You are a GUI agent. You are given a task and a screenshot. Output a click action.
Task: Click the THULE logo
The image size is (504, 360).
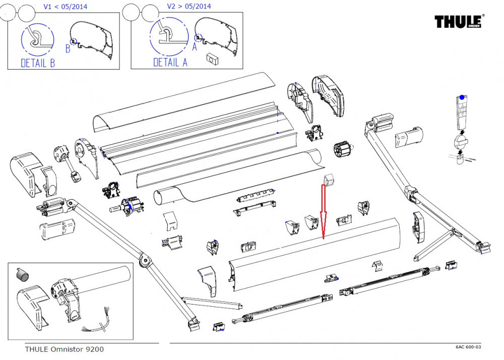click(x=459, y=21)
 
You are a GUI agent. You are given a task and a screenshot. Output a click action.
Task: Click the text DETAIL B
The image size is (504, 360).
click(x=38, y=63)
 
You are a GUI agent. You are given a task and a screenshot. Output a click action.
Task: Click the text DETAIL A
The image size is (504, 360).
click(x=170, y=63)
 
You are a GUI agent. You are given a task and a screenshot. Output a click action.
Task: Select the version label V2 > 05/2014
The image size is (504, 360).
click(x=189, y=6)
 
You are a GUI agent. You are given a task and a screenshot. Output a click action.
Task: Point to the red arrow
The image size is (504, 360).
click(x=323, y=212)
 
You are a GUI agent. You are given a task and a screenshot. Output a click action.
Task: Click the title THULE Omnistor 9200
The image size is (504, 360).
click(x=65, y=349)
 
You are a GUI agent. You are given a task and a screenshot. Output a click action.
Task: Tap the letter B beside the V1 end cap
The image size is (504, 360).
click(x=68, y=49)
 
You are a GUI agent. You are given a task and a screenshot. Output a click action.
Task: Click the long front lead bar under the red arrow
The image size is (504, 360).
click(x=315, y=255)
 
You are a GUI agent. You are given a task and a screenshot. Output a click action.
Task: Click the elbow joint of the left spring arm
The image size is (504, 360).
click(x=146, y=261)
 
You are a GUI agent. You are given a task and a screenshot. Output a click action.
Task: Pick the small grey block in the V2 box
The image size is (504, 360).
click(x=211, y=59)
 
